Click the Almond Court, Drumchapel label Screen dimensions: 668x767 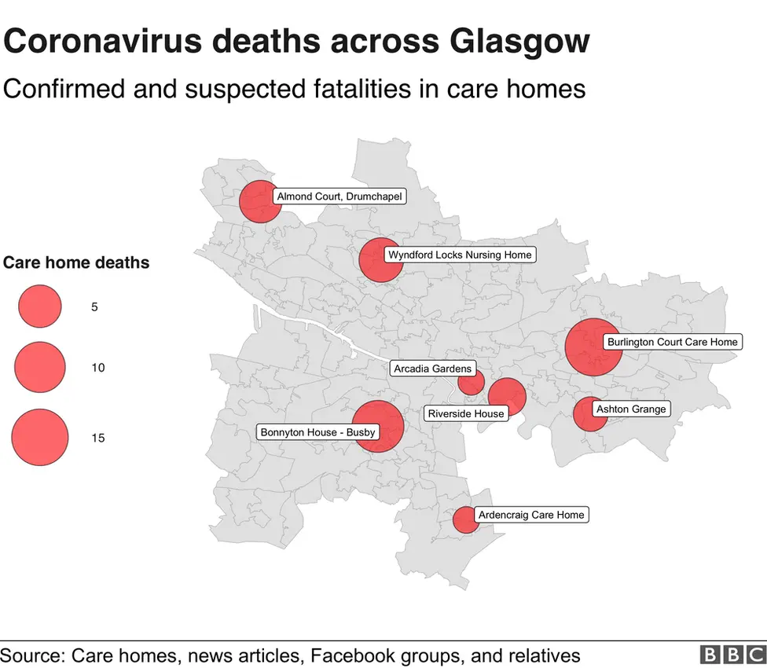tap(339, 196)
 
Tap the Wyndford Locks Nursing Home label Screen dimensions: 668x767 tap(460, 255)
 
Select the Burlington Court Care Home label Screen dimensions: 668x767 tap(673, 342)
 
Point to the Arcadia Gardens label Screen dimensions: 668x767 tap(433, 369)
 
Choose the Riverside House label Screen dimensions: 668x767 tap(466, 413)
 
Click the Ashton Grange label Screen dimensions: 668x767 tap(631, 409)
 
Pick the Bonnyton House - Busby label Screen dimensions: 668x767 tap(317, 431)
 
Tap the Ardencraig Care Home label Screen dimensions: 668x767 tap(531, 515)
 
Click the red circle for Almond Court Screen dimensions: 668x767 tap(259, 202)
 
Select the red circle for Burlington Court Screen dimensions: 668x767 tap(593, 347)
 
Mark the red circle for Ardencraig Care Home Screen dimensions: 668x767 tap(464, 519)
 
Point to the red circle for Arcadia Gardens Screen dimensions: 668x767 tap(471, 383)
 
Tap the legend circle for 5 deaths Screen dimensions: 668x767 tap(39, 306)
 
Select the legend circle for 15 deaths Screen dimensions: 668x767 tap(39, 437)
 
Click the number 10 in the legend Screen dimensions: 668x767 tap(97, 368)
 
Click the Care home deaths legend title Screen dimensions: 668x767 tap(76, 262)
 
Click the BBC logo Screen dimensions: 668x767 tap(732, 655)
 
